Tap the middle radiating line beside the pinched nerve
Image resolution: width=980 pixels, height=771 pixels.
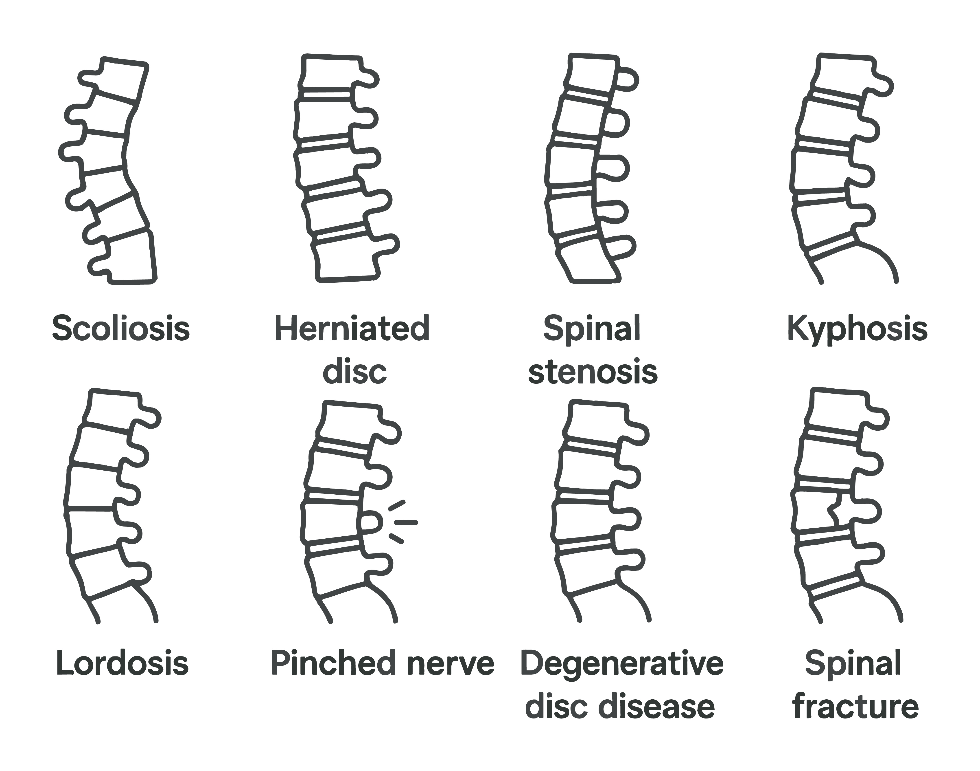tap(406, 523)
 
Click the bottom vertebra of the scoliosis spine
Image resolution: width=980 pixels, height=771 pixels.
tap(131, 257)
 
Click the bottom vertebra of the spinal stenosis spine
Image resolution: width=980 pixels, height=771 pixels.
tap(588, 262)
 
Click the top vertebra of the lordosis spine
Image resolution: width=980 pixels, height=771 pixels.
tap(115, 409)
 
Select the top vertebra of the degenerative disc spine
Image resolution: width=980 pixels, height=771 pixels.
tap(595, 420)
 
